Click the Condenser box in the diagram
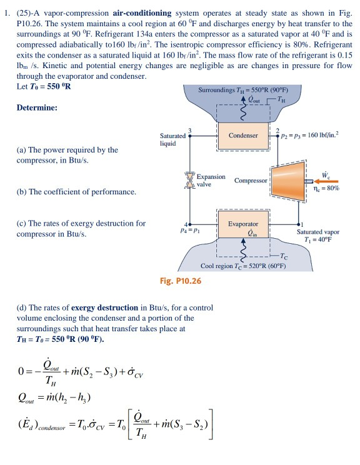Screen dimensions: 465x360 pyautogui.click(x=243, y=135)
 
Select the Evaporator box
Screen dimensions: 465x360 pyautogui.click(x=243, y=228)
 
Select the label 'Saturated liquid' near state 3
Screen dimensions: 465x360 pyautogui.click(x=172, y=139)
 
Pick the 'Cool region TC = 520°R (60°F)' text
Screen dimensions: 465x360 pyautogui.click(x=243, y=266)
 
